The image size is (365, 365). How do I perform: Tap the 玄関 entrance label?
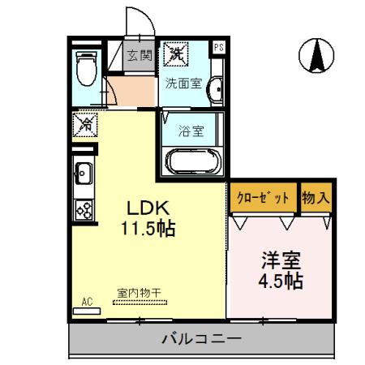[140, 56]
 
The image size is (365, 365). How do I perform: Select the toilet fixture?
[84, 70]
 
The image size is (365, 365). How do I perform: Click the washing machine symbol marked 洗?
[175, 55]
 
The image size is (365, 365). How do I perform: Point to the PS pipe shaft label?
[218, 48]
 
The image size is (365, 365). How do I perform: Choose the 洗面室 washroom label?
[183, 83]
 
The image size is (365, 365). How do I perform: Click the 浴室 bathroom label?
[191, 127]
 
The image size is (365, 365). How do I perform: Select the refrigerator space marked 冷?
[84, 125]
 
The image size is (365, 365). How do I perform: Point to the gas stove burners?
[84, 208]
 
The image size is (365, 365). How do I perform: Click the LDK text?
[144, 206]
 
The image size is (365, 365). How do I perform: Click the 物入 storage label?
[316, 197]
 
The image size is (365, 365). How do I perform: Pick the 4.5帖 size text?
[280, 282]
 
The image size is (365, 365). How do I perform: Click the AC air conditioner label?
[88, 303]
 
